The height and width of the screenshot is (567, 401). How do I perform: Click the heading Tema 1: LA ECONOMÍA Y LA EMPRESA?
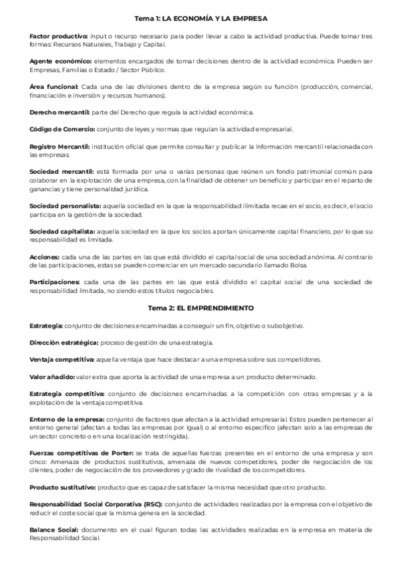[201, 18]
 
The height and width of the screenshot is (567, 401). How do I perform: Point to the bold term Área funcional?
[54, 88]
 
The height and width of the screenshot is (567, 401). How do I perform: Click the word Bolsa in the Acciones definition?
[298, 265]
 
